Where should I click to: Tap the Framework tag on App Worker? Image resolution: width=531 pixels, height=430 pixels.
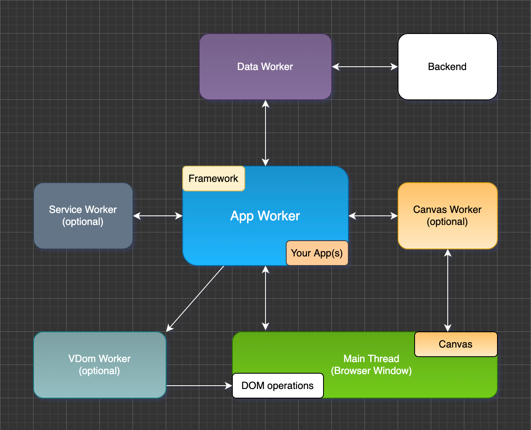coord(213,179)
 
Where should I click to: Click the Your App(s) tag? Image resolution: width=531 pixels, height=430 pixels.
coord(317,253)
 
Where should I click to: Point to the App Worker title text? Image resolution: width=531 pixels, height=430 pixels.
coord(265,216)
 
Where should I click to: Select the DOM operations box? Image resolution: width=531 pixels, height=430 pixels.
coord(278,386)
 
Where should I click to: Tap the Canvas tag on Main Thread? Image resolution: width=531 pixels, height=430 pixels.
coord(456,344)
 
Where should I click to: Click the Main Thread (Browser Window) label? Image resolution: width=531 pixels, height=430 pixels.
coord(371,365)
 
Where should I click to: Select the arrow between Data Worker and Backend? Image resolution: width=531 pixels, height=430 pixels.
coord(364,67)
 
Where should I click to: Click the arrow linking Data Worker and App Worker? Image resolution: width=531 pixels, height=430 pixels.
coord(265,133)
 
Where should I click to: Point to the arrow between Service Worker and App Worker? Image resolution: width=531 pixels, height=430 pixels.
coord(158,216)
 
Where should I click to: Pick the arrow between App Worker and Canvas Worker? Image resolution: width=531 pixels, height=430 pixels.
coord(373,216)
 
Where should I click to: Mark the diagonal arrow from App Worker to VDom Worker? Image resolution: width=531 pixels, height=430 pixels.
coord(195,298)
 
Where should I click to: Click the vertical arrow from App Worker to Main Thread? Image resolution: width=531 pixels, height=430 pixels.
coord(265,298)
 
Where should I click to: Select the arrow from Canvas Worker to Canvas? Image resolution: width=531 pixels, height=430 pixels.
coord(448,290)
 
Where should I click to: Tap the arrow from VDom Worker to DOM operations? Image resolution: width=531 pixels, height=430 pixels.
coord(199,386)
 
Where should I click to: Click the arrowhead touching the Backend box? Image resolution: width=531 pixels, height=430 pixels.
coord(394,67)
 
